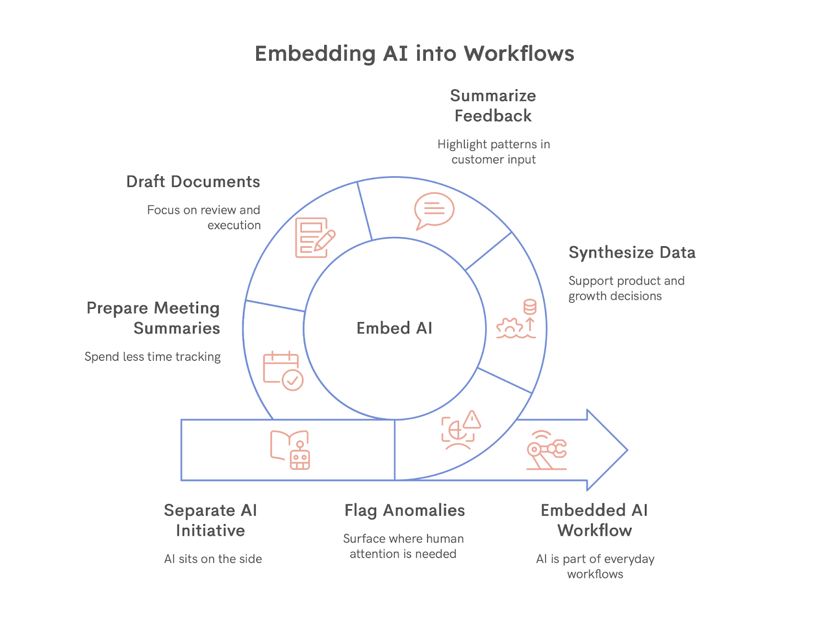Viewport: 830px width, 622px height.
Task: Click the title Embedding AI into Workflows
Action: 414,54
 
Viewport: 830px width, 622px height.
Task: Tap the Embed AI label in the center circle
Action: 394,328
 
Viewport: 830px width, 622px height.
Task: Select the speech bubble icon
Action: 434,210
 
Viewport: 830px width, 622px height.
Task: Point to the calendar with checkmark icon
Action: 283,371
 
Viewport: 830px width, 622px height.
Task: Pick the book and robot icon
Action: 290,450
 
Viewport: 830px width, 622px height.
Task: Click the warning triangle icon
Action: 472,420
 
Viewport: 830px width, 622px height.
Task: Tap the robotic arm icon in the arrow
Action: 546,450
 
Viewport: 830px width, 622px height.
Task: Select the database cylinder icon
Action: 530,307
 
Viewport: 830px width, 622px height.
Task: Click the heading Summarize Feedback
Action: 493,106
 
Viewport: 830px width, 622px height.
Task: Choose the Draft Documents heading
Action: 193,182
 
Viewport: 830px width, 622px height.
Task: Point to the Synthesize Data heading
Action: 632,252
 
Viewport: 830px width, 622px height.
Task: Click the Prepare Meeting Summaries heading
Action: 154,318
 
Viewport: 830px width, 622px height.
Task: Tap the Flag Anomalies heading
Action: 405,511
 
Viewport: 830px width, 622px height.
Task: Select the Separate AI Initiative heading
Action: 211,520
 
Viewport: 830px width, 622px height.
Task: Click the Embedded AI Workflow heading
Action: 594,520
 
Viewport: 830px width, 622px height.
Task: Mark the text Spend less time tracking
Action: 153,357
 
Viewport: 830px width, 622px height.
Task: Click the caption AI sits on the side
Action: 213,559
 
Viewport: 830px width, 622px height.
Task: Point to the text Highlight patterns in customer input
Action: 493,152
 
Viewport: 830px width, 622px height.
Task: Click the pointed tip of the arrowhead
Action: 627,450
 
